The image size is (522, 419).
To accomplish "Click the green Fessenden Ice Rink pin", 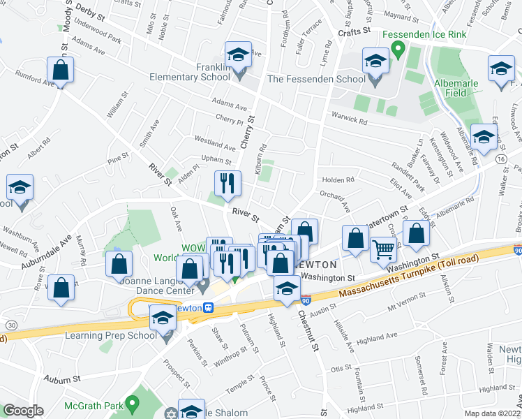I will pyautogui.click(x=398, y=49).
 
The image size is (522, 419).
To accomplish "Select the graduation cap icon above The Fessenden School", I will pyautogui.click(x=375, y=62).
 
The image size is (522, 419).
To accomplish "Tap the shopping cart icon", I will pyautogui.click(x=383, y=249).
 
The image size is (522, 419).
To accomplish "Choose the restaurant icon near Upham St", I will pyautogui.click(x=228, y=184).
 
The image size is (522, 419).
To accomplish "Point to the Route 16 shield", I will pyautogui.click(x=501, y=160).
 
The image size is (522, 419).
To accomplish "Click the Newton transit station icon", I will pyautogui.click(x=207, y=307).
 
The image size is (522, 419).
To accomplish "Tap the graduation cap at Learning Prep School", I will pyautogui.click(x=163, y=318).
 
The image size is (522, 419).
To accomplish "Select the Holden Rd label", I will pyautogui.click(x=338, y=179).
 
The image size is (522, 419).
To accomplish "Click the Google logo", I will pyautogui.click(x=23, y=411).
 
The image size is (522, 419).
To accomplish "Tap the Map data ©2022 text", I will pyautogui.click(x=491, y=413).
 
